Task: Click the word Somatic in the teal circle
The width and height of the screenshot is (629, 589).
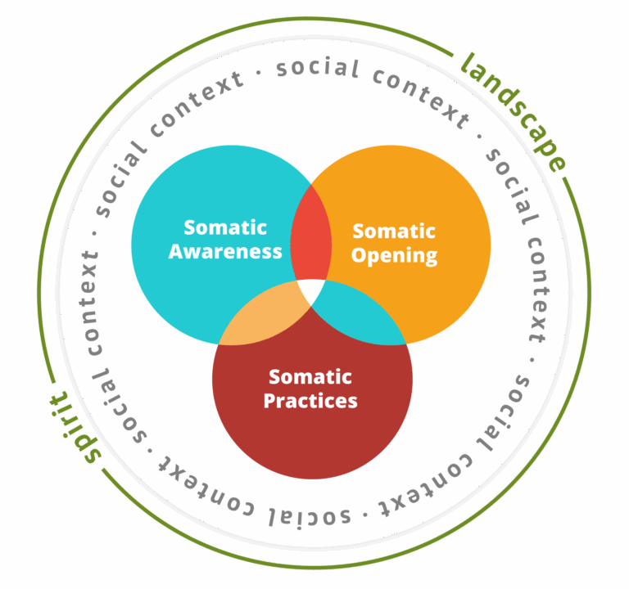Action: tap(225, 227)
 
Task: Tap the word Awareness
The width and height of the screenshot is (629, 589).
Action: tap(225, 251)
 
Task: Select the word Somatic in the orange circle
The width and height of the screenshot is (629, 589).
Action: tap(394, 232)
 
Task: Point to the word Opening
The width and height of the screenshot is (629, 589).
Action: tap(394, 255)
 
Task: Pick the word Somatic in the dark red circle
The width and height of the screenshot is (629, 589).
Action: tap(310, 377)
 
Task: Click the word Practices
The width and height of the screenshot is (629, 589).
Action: tap(310, 401)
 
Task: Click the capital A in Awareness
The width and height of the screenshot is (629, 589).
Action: tap(176, 251)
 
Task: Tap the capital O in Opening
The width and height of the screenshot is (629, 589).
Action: tap(360, 254)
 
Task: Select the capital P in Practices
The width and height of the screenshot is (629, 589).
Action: tap(269, 401)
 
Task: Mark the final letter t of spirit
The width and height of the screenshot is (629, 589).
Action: tap(60, 398)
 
